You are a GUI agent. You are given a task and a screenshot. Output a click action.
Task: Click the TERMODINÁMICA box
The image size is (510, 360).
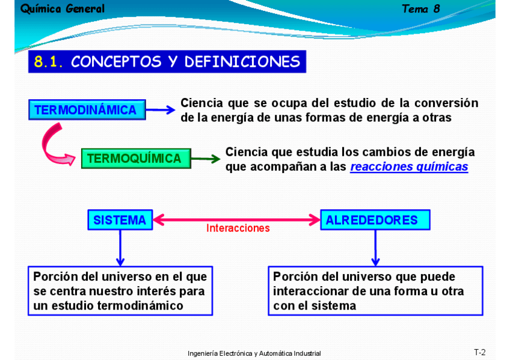(x=87, y=110)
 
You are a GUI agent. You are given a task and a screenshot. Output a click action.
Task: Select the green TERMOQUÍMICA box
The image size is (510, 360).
(x=136, y=159)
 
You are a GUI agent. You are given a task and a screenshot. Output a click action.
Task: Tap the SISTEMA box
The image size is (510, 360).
(x=120, y=220)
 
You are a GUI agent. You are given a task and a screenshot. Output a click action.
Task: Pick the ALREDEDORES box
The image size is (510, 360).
(x=375, y=220)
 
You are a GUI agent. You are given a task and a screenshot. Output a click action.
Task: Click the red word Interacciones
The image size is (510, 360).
(x=238, y=228)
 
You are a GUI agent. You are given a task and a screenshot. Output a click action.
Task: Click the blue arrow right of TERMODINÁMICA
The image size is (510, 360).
(x=161, y=110)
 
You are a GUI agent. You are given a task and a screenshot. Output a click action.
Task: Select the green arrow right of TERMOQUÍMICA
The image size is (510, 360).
(x=206, y=159)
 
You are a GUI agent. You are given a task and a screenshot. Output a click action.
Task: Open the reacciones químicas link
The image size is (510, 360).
(x=409, y=166)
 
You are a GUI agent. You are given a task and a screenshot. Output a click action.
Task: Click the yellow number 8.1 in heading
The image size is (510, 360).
(x=48, y=62)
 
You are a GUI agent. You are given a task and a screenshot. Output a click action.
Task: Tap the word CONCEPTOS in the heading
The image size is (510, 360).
(x=116, y=62)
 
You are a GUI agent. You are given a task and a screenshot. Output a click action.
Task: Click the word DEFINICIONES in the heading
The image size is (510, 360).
(x=242, y=62)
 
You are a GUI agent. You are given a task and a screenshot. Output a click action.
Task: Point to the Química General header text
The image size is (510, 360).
(x=63, y=9)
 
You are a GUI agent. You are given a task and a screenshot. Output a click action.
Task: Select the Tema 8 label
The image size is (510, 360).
(x=421, y=9)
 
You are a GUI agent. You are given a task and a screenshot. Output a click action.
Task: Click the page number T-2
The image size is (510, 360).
(x=480, y=352)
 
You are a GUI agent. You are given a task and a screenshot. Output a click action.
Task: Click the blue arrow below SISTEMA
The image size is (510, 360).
(x=120, y=248)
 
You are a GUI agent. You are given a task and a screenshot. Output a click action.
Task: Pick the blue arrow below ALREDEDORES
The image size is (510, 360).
(x=375, y=248)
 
